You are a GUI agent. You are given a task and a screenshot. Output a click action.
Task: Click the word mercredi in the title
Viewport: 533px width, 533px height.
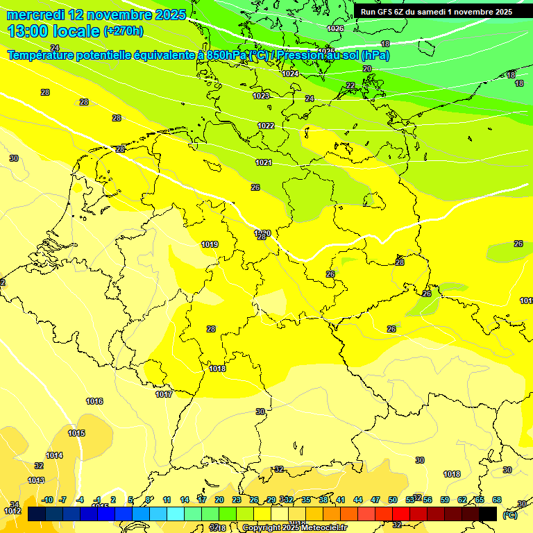point(36,15)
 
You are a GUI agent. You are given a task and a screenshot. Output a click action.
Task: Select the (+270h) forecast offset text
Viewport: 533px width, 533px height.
point(124,31)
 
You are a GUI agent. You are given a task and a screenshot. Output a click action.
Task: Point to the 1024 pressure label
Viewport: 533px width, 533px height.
point(290,74)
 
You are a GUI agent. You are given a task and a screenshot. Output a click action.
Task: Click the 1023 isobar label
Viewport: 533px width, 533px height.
point(261,96)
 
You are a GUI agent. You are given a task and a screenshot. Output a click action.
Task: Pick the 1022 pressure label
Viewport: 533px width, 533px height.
point(266,126)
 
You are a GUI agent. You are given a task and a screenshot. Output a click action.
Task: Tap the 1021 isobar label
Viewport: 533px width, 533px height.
point(263,162)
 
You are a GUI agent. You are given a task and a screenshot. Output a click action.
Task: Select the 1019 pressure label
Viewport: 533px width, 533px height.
point(210,244)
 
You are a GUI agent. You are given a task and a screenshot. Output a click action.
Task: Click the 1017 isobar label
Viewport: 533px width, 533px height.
point(164,394)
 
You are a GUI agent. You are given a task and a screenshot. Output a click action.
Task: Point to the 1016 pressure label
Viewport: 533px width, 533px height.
point(94,401)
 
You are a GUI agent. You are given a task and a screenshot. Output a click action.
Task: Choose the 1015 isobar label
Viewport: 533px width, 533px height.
point(76,433)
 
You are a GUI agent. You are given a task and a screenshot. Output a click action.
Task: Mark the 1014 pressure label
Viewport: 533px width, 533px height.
point(54,455)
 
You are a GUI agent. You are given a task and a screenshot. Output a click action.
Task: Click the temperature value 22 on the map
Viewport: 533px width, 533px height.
point(350,85)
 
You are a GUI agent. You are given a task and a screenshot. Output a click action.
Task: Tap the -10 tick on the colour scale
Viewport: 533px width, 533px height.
point(48,500)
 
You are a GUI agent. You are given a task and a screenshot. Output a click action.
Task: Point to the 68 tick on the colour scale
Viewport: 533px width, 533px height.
point(496,500)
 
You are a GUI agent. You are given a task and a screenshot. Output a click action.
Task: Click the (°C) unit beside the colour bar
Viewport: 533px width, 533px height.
point(510,515)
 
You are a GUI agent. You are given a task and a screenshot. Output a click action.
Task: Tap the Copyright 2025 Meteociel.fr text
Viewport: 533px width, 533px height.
point(294,527)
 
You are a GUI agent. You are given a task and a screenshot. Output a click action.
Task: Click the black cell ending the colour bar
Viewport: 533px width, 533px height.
point(488,514)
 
